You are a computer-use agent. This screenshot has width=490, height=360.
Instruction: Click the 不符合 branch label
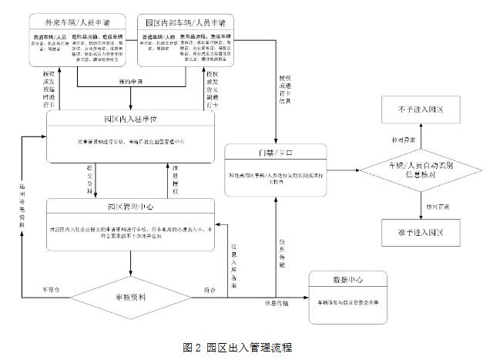pyautogui.click(x=51, y=290)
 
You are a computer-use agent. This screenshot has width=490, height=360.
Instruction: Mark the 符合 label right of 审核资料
pyautogui.click(x=210, y=290)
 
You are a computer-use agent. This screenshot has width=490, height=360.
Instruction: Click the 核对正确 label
pyautogui.click(x=431, y=207)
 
